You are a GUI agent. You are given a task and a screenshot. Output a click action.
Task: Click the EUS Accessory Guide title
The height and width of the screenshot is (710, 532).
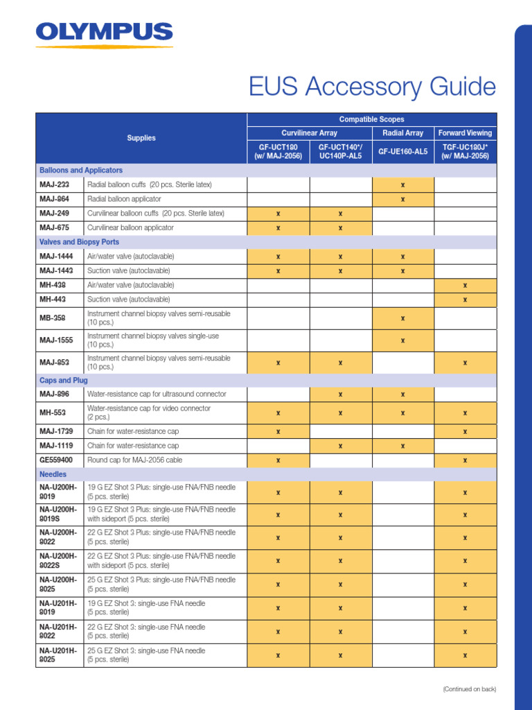[373, 87]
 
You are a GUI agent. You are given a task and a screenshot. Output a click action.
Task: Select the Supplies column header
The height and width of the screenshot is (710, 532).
[141, 138]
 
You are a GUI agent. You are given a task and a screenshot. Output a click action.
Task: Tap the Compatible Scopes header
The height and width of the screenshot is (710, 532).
[372, 119]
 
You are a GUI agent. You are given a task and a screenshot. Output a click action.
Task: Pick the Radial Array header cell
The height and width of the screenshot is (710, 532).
[402, 132]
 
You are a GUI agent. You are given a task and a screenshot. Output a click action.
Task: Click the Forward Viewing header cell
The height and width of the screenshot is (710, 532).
[465, 132]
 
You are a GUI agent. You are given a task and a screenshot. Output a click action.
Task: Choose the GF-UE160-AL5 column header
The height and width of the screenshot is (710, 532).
[402, 151]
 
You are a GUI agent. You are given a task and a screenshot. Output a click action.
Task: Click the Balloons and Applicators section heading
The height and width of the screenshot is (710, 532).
[81, 170]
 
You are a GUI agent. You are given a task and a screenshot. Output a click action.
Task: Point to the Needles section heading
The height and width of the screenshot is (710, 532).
[53, 474]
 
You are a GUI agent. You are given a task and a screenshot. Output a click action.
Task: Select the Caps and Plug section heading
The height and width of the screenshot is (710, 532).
[64, 381]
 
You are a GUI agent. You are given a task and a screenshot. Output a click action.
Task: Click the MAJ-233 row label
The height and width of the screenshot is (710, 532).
[54, 184]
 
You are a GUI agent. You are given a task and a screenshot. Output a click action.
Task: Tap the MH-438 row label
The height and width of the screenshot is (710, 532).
[53, 285]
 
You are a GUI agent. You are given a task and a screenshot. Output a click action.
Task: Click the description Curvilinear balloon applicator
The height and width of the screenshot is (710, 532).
[130, 227]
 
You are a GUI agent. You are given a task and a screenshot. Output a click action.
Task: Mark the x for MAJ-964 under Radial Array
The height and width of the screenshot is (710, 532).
[402, 199]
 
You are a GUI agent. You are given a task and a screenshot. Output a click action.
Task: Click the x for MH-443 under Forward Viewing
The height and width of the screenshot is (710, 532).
[465, 300]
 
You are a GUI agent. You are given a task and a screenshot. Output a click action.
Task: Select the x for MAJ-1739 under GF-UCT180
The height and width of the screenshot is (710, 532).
[278, 431]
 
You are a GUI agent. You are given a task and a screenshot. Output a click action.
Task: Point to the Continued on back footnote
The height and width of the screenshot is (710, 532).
[469, 689]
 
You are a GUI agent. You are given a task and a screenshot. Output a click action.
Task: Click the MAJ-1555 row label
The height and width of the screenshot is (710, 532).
[56, 340]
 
